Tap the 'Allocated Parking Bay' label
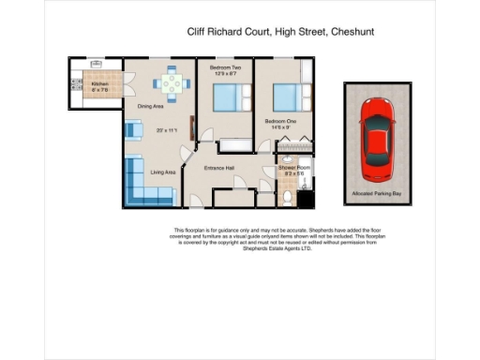tap(377, 194)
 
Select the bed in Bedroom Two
tap(224, 98)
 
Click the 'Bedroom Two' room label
tap(224, 69)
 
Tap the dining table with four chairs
tap(172, 83)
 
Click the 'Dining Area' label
tap(151, 106)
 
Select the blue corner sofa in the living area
tap(142, 183)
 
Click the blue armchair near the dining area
tap(134, 131)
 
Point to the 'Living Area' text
tap(164, 172)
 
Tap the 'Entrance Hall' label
tap(218, 168)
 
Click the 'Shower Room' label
tap(292, 167)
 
